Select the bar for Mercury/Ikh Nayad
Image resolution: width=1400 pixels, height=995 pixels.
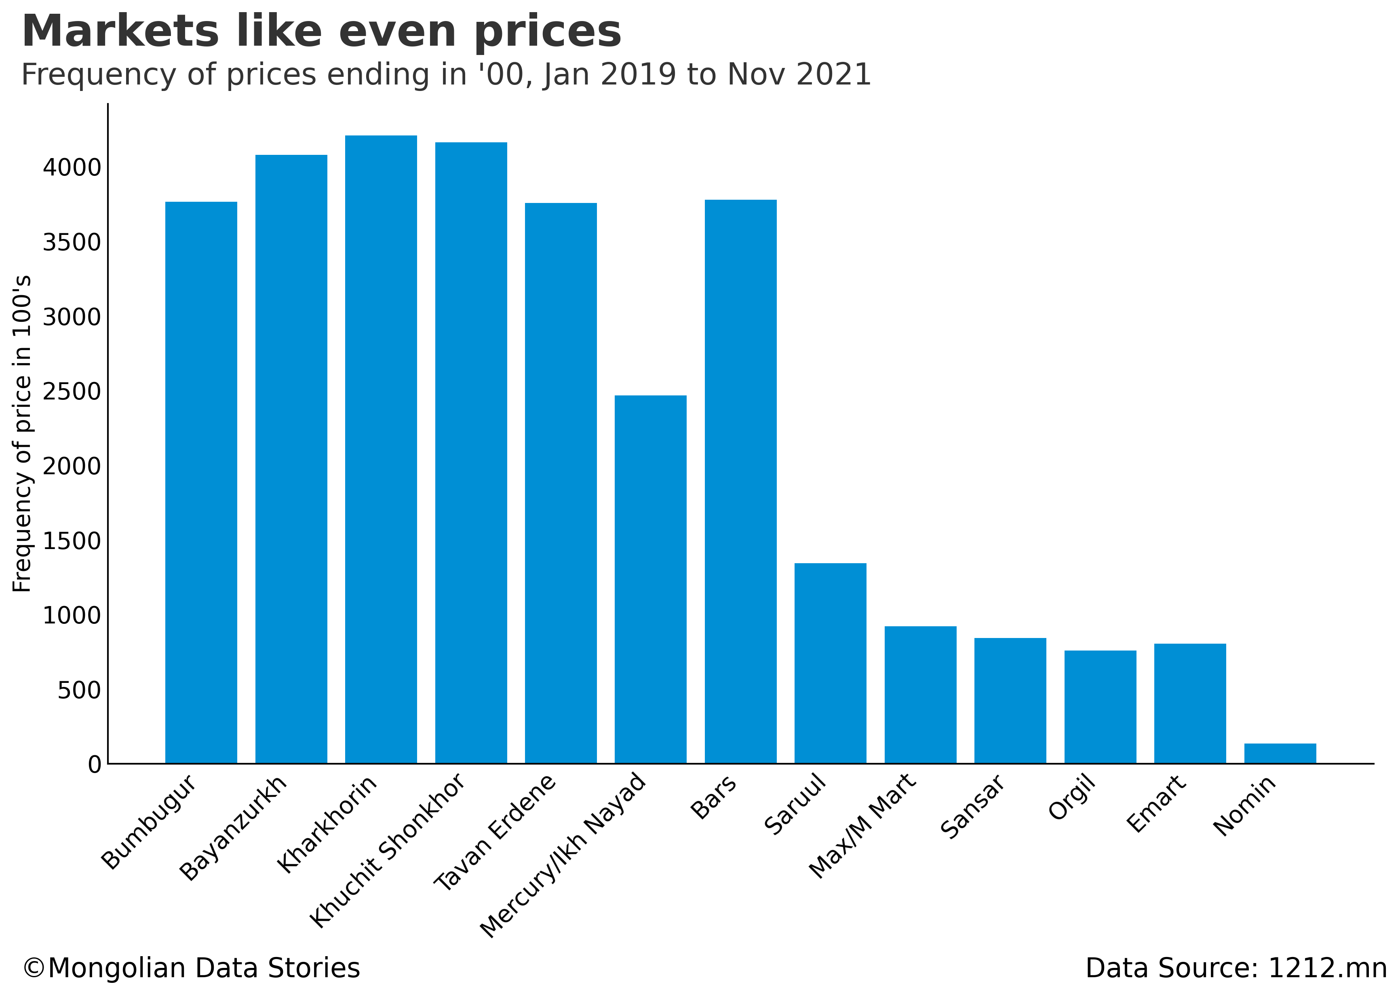coord(650,579)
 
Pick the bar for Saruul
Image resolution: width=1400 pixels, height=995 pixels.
coord(831,663)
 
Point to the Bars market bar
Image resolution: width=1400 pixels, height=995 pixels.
coord(740,481)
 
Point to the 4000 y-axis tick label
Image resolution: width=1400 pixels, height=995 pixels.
coord(72,167)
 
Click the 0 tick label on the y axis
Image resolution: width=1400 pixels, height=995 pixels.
coord(94,765)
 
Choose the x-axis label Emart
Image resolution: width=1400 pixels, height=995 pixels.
coord(1156,803)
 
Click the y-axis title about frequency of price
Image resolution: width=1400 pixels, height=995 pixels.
coord(22,434)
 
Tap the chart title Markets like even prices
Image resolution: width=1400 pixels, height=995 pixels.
coord(322,32)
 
